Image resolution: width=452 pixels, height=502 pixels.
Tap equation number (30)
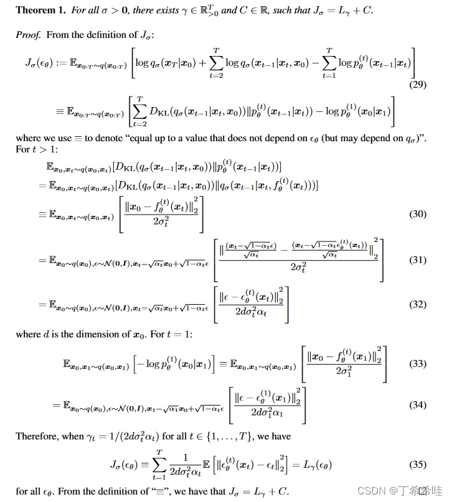click(418, 214)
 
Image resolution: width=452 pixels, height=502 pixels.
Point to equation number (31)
click(418, 260)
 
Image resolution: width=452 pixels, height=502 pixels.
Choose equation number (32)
click(418, 304)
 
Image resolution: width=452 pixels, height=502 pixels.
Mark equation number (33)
click(418, 364)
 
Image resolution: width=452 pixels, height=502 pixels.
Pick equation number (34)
click(418, 405)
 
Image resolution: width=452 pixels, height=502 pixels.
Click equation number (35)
click(418, 464)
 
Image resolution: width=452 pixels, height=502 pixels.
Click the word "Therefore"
click(37, 436)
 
